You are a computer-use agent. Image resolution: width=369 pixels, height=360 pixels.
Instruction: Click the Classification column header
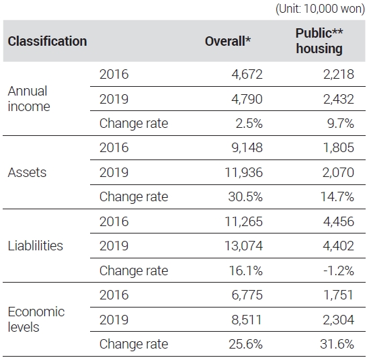tap(47, 41)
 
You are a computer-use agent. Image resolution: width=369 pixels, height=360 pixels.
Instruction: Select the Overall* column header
tap(228, 41)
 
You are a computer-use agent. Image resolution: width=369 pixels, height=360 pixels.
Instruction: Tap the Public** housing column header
tap(319, 40)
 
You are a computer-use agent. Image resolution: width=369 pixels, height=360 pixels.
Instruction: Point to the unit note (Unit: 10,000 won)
tap(320, 9)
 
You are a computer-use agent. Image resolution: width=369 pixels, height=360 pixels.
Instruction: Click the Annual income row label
tap(29, 99)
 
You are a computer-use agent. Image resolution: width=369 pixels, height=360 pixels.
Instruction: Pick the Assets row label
tap(27, 172)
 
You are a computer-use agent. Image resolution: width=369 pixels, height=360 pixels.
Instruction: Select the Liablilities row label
tap(36, 246)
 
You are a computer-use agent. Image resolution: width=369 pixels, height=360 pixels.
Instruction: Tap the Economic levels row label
tap(36, 320)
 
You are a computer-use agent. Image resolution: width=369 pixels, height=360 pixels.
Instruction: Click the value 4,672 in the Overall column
tap(247, 75)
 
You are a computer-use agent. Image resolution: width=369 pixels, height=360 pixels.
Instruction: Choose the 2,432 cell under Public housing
tap(338, 99)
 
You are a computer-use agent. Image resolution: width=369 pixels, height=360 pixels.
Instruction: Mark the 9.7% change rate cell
tap(340, 123)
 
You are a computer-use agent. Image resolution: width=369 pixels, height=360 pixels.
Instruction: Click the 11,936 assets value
tap(243, 172)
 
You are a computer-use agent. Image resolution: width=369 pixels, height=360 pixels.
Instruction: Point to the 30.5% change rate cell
tap(245, 196)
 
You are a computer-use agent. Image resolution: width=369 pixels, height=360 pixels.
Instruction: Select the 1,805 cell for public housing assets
tap(339, 148)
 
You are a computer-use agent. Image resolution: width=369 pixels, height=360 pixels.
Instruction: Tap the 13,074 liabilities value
tap(243, 246)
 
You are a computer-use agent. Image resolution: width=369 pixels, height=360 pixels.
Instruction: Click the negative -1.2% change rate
tap(339, 271)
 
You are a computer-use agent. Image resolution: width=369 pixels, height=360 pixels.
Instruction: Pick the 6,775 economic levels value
tap(247, 295)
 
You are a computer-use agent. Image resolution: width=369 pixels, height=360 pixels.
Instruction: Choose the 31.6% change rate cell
tap(337, 344)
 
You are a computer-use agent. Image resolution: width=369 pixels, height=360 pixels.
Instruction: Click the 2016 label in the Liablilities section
tap(114, 221)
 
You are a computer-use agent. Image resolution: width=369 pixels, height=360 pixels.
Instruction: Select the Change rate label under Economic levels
tap(134, 345)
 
